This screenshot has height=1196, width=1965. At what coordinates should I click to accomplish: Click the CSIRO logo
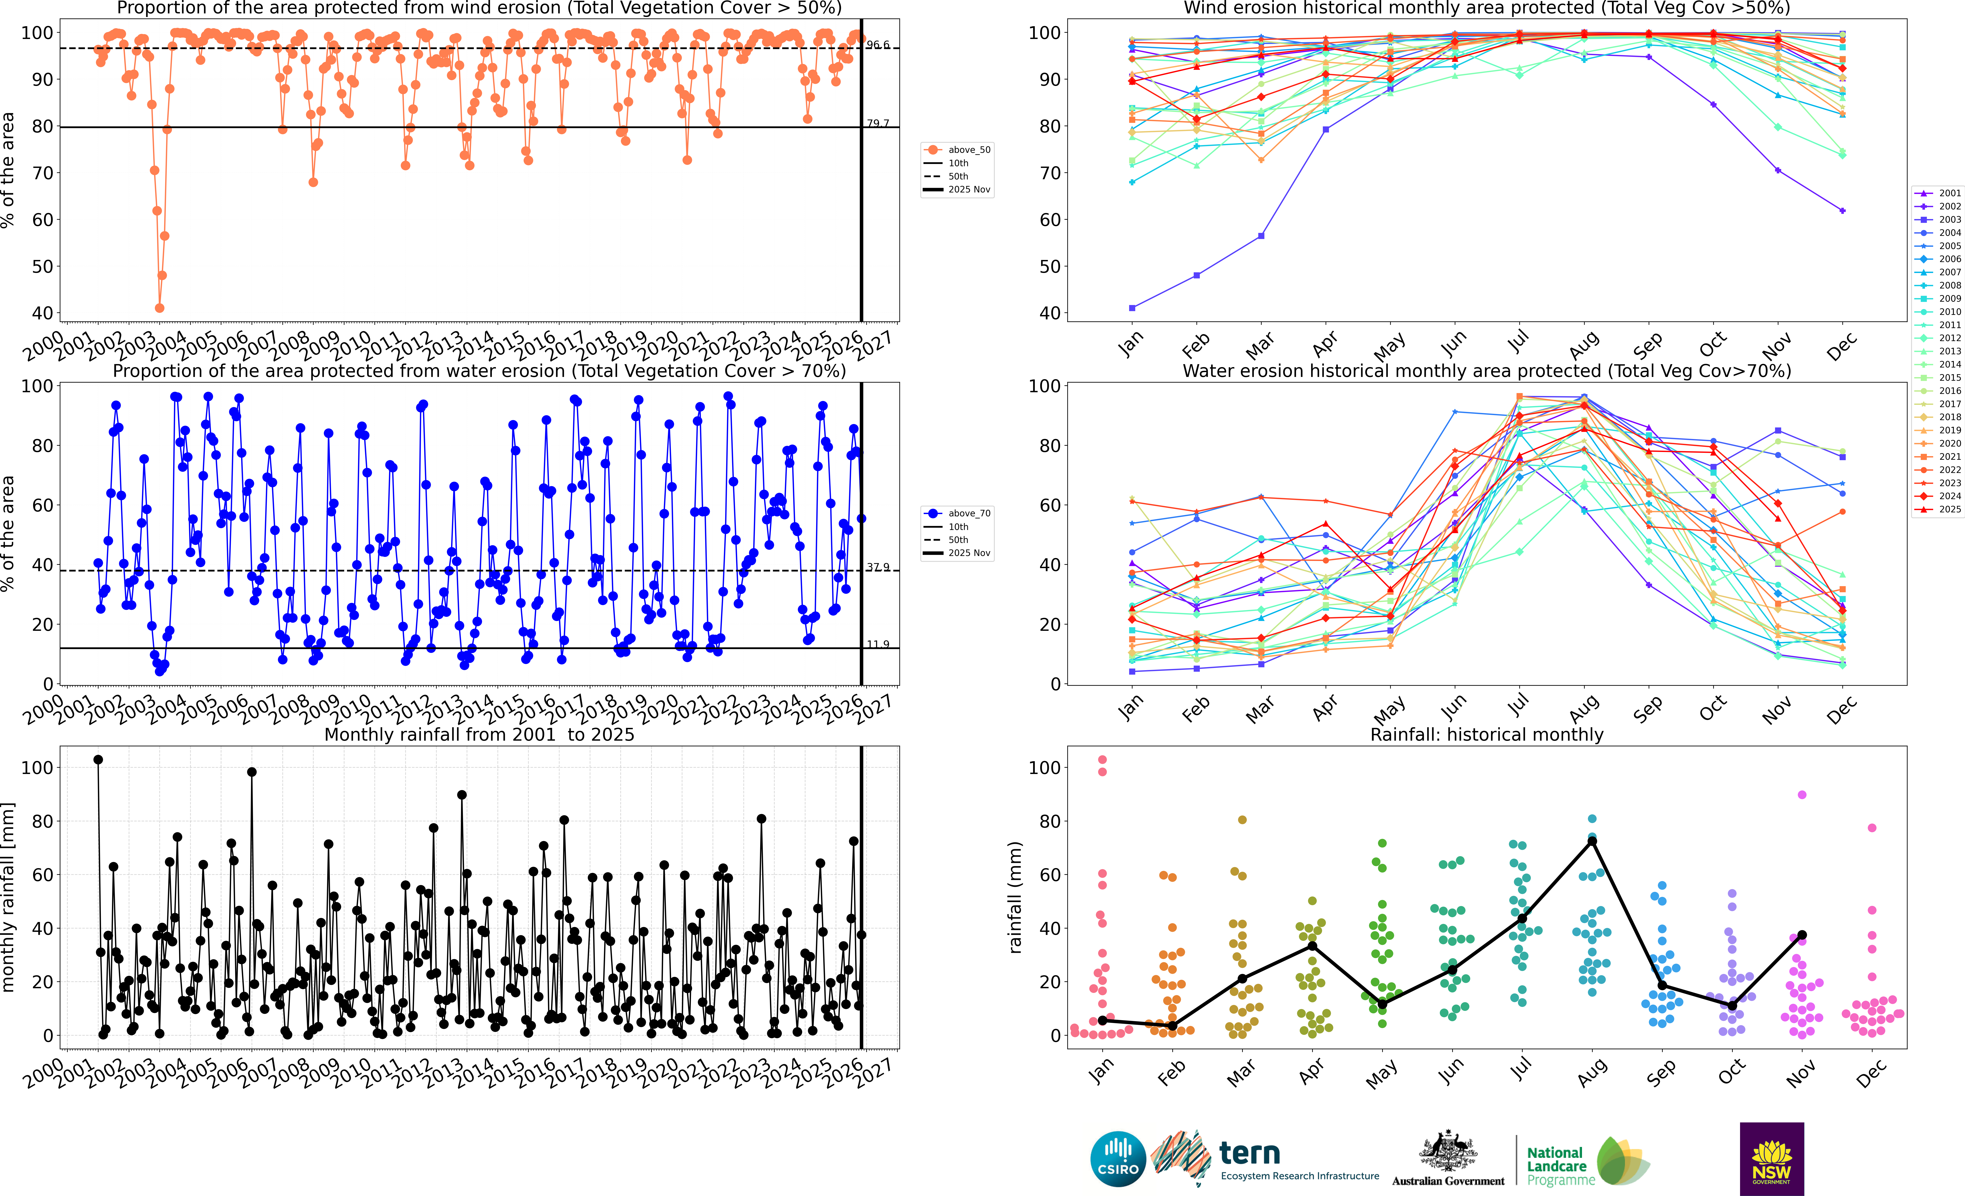click(x=1118, y=1158)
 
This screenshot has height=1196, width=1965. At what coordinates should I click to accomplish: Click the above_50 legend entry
click(x=957, y=150)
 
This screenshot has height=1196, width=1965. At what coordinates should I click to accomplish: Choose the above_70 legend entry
click(x=957, y=513)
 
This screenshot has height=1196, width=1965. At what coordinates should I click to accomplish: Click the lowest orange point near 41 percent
click(x=160, y=308)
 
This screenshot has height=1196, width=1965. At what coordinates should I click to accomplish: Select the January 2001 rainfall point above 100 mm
click(x=98, y=760)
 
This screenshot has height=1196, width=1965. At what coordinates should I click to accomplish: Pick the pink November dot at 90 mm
click(x=1801, y=795)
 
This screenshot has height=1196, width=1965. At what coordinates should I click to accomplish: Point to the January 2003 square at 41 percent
click(x=1133, y=308)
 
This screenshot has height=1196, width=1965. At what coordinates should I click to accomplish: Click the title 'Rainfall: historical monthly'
click(x=1487, y=734)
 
